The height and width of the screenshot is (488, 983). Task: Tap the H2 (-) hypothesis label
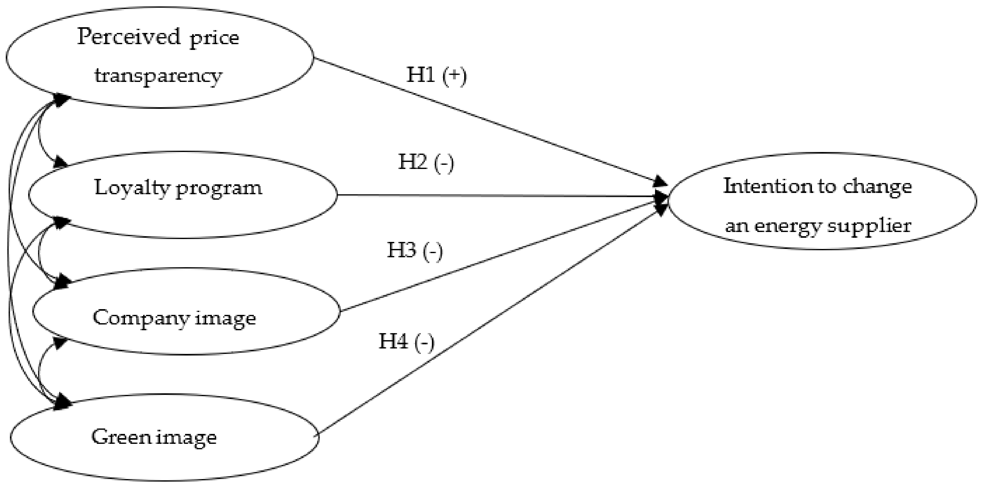click(426, 162)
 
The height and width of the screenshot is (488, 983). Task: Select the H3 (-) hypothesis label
click(415, 251)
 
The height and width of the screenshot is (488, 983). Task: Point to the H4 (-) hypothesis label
click(406, 341)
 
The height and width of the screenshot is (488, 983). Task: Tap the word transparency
click(158, 76)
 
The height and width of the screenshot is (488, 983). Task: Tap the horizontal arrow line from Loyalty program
click(496, 196)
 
